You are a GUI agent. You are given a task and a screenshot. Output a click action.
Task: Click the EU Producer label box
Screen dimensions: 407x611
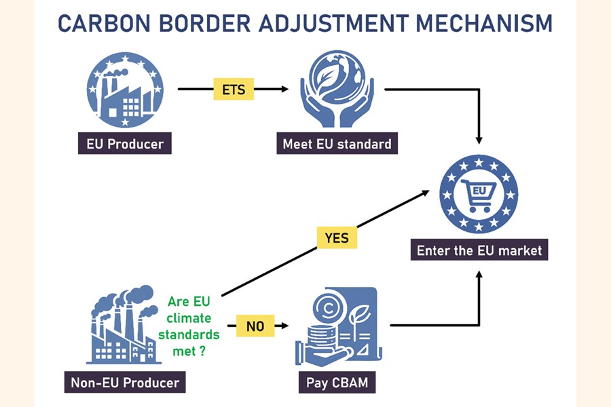tap(124, 144)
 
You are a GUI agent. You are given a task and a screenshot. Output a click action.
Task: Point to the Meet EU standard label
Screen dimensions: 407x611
tap(337, 144)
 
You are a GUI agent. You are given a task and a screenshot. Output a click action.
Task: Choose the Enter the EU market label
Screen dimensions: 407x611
tap(479, 250)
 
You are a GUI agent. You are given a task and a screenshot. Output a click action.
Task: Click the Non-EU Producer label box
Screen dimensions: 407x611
tap(125, 383)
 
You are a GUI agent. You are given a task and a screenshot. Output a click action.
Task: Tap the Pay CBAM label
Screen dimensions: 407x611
tap(337, 383)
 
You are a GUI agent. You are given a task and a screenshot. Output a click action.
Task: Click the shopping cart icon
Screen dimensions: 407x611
tap(479, 194)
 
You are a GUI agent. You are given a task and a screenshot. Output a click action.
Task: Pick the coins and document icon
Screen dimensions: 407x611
tap(337, 327)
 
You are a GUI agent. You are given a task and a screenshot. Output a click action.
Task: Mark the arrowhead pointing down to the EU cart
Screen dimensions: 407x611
tap(479, 139)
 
